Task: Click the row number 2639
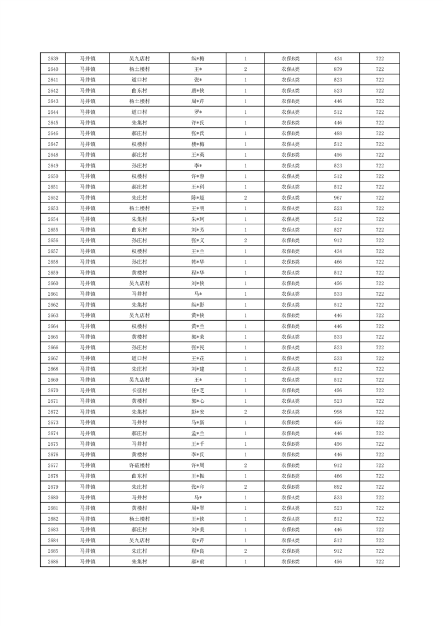point(53,59)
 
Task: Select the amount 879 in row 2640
point(338,69)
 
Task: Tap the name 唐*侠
point(198,91)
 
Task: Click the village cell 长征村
point(139,391)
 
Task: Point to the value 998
point(338,412)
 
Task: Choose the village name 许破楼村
point(139,465)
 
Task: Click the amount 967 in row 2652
point(338,198)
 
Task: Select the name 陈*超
point(198,198)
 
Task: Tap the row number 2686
point(53,562)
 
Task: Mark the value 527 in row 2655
point(338,230)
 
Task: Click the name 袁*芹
point(198,540)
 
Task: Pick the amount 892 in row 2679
point(338,487)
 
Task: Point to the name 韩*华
point(198,262)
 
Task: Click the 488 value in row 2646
point(338,133)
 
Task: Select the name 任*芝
point(198,391)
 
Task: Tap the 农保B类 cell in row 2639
point(290,59)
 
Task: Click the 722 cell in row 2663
point(379,316)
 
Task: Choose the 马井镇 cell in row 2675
point(87,444)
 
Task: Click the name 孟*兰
point(198,434)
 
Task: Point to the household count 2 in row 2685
point(245,551)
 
